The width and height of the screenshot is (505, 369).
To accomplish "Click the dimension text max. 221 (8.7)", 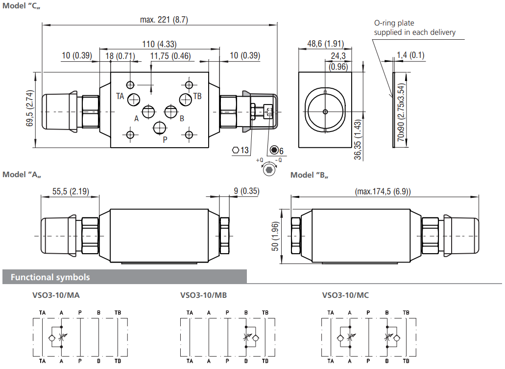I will [x=164, y=20].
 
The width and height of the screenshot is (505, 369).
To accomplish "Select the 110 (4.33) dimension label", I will [x=159, y=44].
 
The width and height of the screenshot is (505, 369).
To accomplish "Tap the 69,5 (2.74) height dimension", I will [x=30, y=109].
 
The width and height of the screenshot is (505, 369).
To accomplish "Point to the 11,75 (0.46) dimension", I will [x=170, y=56].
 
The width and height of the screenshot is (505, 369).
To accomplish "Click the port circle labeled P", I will [x=160, y=128].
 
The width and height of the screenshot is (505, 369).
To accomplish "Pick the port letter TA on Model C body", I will [x=120, y=96].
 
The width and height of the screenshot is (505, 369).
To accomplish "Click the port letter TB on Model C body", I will [x=197, y=96].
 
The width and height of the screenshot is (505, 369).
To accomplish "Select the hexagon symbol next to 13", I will [x=235, y=150].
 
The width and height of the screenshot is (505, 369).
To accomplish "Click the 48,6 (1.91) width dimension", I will [x=325, y=44].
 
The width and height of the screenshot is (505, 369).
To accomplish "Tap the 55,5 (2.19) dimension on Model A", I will [x=70, y=191].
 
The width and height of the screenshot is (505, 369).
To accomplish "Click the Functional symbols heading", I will [x=50, y=277].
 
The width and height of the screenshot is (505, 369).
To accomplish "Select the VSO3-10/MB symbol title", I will [x=203, y=295].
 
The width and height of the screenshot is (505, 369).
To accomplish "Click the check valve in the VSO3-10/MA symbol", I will [x=52, y=338].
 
